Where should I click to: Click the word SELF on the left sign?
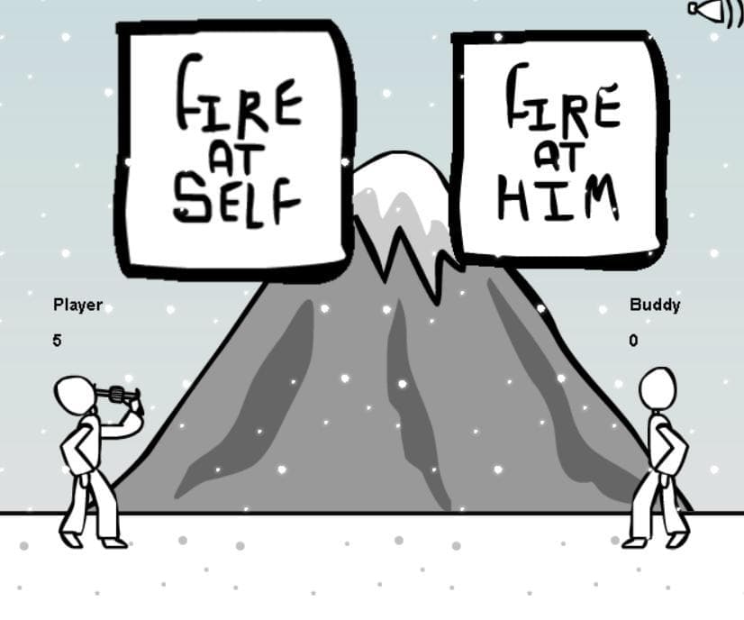pyautogui.click(x=236, y=203)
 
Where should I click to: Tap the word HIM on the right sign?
pyautogui.click(x=558, y=198)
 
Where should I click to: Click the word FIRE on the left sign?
pyautogui.click(x=239, y=95)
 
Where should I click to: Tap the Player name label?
pyautogui.click(x=77, y=305)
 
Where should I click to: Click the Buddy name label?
pyautogui.click(x=655, y=305)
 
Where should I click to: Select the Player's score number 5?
pyautogui.click(x=58, y=341)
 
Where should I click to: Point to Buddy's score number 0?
pyautogui.click(x=633, y=341)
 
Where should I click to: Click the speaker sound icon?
pyautogui.click(x=715, y=11)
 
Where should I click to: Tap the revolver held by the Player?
pyautogui.click(x=119, y=394)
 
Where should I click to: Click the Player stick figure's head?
pyautogui.click(x=74, y=394)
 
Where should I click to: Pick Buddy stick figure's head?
pyautogui.click(x=658, y=388)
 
